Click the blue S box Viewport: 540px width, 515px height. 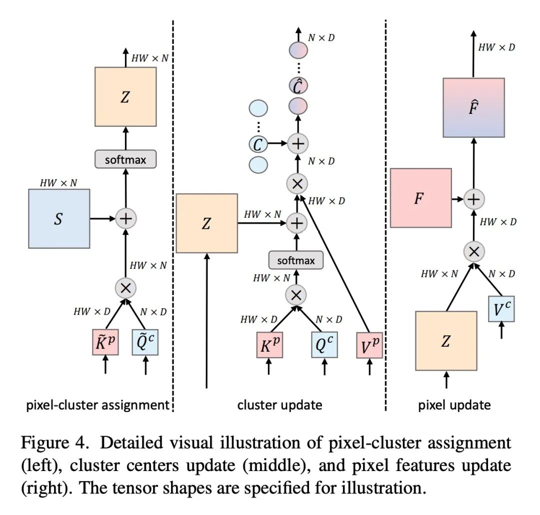pos(59,219)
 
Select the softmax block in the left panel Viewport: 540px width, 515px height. pos(125,159)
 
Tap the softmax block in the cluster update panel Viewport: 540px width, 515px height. pos(296,260)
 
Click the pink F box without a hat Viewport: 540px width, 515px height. pos(421,198)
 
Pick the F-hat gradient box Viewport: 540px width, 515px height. pos(474,108)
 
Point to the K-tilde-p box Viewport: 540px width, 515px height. pos(105,342)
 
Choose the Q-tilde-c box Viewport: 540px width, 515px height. pos(145,342)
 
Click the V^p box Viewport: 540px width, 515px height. pos(369,345)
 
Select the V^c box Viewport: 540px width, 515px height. pos(501,309)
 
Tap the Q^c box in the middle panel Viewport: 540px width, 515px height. pos(324,345)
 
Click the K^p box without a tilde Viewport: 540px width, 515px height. pos(269,345)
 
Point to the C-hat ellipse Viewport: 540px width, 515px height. pos(298,86)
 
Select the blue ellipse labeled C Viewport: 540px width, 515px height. pos(258,144)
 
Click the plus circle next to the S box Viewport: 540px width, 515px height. pos(125,218)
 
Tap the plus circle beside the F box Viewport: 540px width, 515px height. pos(474,199)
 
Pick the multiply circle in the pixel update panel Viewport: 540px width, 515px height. pos(474,252)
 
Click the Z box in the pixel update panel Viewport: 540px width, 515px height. pos(446,341)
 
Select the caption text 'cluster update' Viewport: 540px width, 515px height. pos(279,405)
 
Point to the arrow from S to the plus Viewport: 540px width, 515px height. pos(102,218)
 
